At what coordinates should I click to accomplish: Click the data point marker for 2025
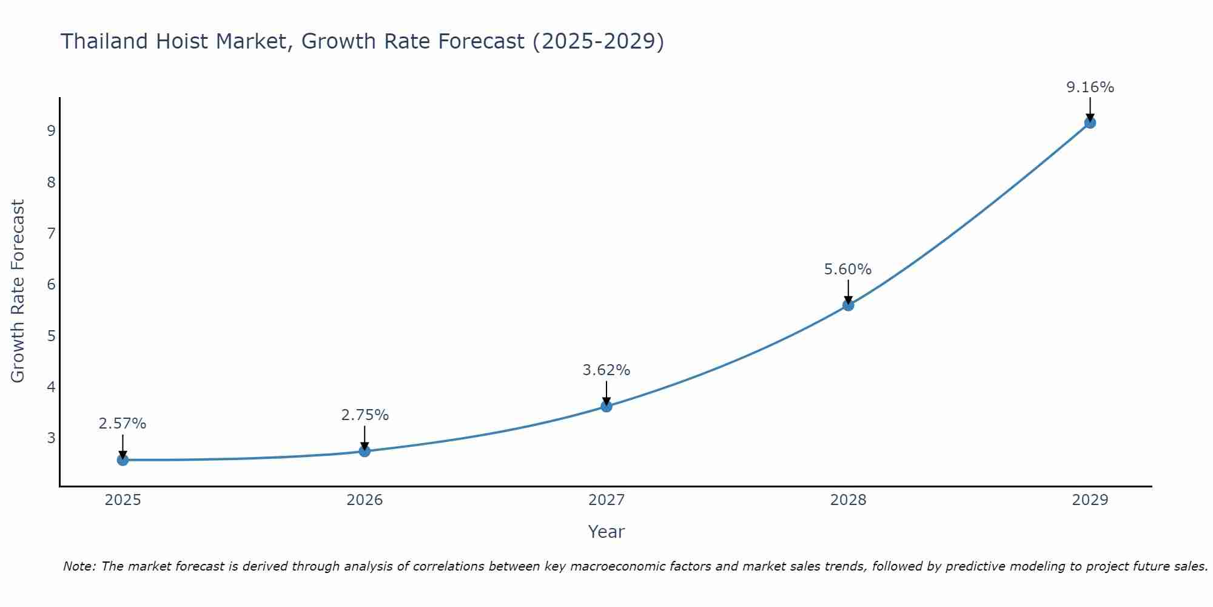click(123, 460)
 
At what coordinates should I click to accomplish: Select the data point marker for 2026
click(365, 451)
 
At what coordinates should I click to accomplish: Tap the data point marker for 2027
click(606, 406)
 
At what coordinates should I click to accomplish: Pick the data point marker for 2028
click(848, 305)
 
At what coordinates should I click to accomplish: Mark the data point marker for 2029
click(1090, 123)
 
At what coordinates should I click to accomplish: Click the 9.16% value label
click(1090, 87)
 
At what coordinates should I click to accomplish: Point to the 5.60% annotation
click(847, 270)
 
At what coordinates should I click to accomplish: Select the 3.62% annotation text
click(606, 370)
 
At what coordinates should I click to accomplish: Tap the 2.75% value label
click(365, 415)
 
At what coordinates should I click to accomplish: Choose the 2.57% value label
click(123, 424)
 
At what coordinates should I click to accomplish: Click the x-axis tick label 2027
click(606, 500)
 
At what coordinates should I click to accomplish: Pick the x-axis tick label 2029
click(1090, 500)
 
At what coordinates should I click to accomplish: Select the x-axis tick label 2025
click(123, 500)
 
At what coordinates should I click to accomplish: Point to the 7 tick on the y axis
click(51, 234)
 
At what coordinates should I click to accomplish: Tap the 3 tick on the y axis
click(51, 438)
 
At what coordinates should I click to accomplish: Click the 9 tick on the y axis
click(51, 131)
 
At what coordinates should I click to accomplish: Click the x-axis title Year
click(606, 532)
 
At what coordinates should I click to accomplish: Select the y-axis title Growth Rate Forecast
click(18, 291)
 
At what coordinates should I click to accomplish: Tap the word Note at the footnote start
click(79, 566)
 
